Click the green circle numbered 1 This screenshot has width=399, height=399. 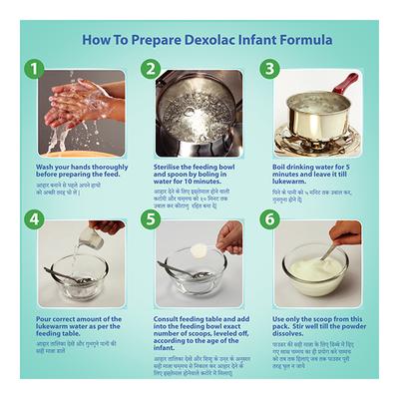pyautogui.click(x=36, y=70)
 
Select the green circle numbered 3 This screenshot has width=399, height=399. pyautogui.click(x=268, y=70)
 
